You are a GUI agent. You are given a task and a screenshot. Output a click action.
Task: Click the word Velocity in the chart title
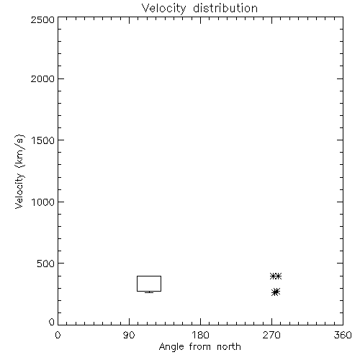(164, 9)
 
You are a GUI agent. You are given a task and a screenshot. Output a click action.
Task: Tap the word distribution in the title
(225, 8)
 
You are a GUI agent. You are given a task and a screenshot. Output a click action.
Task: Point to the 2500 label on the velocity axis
(42, 19)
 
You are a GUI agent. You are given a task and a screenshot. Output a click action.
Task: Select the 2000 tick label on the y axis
(42, 78)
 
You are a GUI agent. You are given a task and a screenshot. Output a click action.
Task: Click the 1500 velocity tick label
(43, 140)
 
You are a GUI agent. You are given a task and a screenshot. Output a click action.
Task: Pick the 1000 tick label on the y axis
(43, 202)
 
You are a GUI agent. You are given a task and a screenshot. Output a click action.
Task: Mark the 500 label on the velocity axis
(46, 264)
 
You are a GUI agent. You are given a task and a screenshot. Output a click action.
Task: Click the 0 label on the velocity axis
(52, 322)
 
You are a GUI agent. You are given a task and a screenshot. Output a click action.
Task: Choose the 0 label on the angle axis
(58, 335)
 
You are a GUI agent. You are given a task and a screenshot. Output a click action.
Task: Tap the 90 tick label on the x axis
(129, 335)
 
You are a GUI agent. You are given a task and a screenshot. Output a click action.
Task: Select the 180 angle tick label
(200, 335)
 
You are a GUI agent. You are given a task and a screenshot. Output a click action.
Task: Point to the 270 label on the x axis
(271, 335)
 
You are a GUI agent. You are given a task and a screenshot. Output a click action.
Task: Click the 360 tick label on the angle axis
(343, 335)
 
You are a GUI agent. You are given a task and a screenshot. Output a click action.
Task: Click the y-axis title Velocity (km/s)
(19, 171)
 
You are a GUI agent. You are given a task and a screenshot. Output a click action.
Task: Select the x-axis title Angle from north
(200, 347)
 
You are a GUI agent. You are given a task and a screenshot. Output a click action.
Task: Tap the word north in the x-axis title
(229, 347)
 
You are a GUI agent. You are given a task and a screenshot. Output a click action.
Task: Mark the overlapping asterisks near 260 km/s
(276, 292)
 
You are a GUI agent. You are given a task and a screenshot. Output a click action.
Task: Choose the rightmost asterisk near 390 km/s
(278, 276)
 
